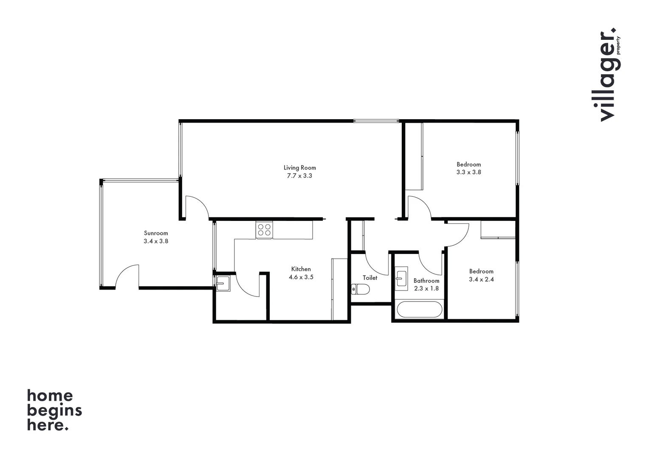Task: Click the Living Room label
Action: [x=299, y=168]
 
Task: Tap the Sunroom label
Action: [x=156, y=233]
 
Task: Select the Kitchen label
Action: [x=301, y=269]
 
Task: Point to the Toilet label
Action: [x=370, y=278]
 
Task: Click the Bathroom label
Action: [x=426, y=281]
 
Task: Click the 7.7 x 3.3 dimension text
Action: [x=299, y=176]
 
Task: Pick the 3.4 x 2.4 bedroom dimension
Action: [x=481, y=279]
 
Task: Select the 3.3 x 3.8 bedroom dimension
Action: [x=468, y=172]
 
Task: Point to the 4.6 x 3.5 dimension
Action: [x=301, y=277]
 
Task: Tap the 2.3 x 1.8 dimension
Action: [x=426, y=288]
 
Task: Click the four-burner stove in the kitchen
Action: [x=264, y=229]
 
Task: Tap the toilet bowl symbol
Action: [x=361, y=289]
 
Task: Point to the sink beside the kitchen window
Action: [x=223, y=283]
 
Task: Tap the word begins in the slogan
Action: [x=54, y=410]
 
